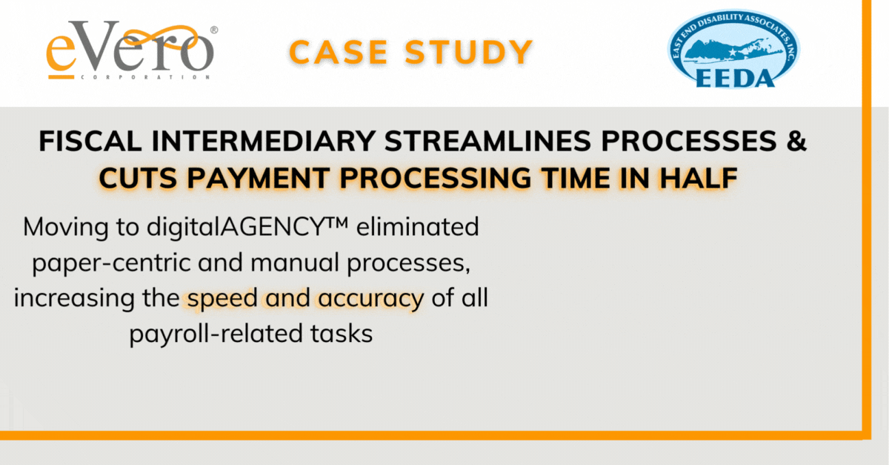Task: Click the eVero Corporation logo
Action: (132, 50)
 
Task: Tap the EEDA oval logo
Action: (734, 49)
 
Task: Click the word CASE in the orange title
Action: (338, 52)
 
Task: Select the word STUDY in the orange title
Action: (469, 52)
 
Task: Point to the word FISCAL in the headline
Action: (90, 141)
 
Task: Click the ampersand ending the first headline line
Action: (796, 141)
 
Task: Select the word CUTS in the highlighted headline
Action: (138, 178)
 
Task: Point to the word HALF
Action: (699, 178)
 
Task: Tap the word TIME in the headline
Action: (576, 178)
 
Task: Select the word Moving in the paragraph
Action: (66, 226)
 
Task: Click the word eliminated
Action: (418, 226)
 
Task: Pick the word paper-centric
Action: (112, 263)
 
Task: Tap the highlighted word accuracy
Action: (371, 299)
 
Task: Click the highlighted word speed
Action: (223, 299)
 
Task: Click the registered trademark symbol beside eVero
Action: (214, 30)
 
